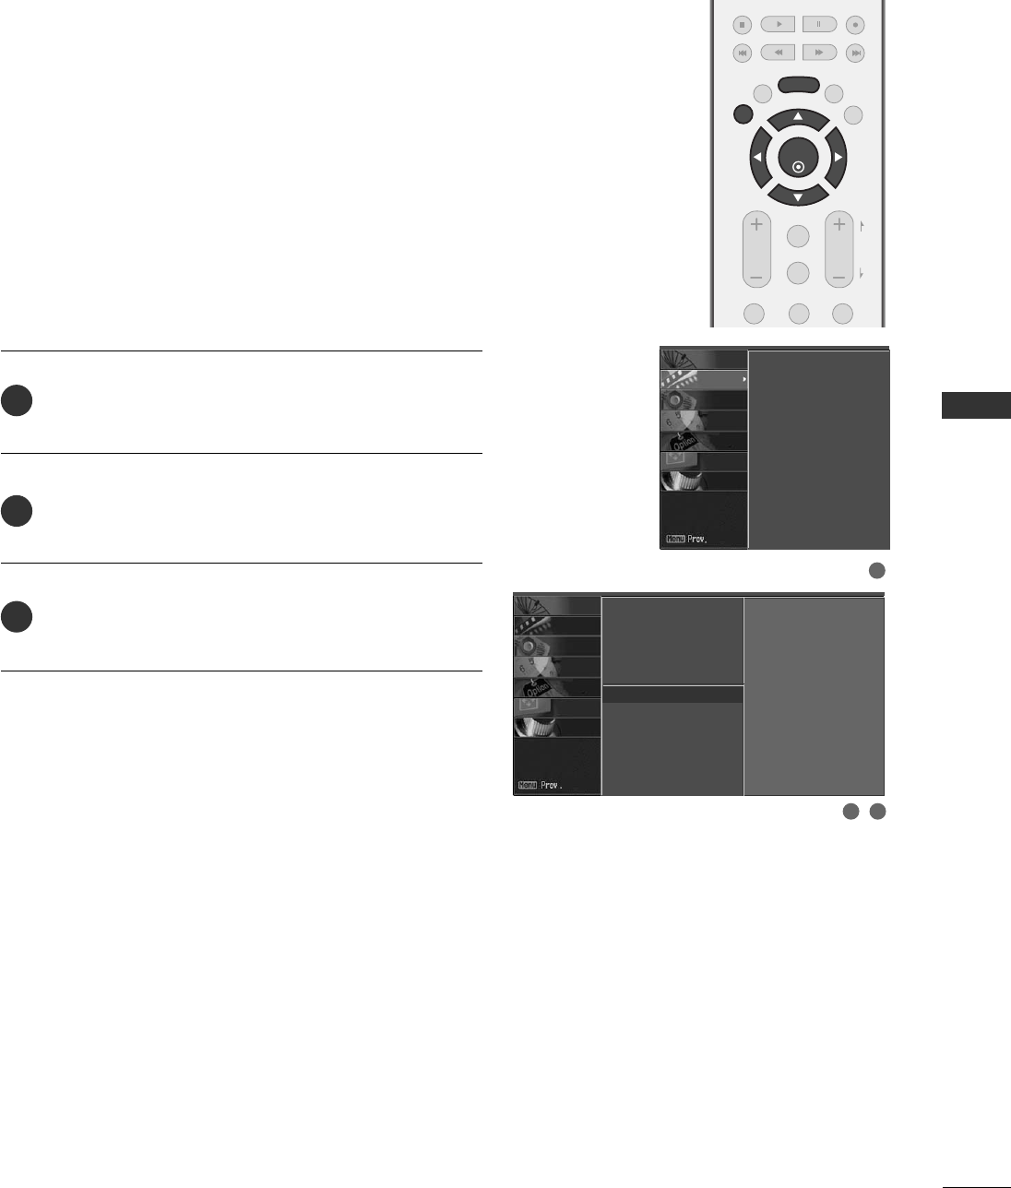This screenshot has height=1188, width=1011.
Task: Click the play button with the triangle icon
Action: (x=778, y=25)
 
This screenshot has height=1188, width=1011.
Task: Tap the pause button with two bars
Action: (x=818, y=25)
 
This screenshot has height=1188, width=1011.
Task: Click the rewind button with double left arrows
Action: (x=778, y=53)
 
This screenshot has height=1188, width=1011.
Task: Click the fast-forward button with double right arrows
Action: (x=818, y=53)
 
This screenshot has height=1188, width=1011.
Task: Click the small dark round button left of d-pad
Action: (x=743, y=114)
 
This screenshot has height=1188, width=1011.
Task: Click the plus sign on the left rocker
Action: (x=756, y=224)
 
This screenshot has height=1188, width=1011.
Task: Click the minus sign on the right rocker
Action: (x=839, y=276)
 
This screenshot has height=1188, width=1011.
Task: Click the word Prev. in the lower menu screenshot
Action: (x=552, y=786)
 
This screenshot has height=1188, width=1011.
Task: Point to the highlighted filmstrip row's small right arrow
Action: (x=743, y=379)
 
